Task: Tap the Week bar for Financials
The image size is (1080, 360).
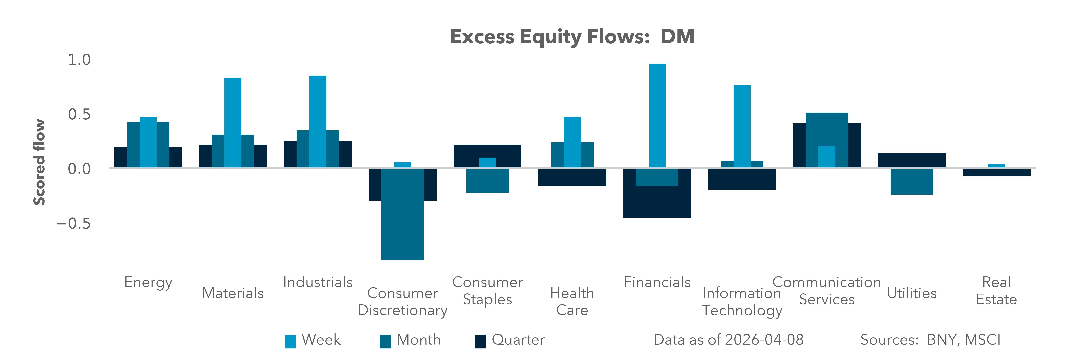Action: (x=657, y=115)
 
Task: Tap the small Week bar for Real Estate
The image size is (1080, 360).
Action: (x=997, y=166)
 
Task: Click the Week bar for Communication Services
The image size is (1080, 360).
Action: (x=827, y=157)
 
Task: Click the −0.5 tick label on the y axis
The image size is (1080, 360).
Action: (x=74, y=223)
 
